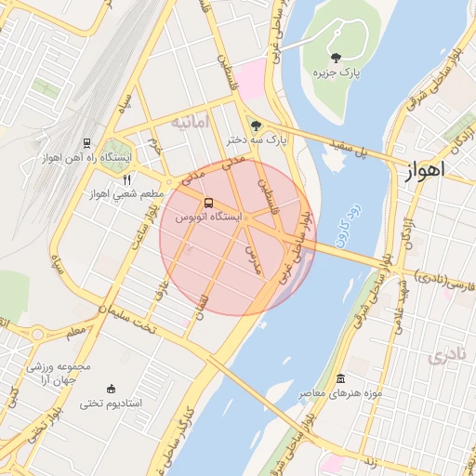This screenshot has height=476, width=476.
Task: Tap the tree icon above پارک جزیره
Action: click(336, 58)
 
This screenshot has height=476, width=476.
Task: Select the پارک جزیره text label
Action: click(337, 72)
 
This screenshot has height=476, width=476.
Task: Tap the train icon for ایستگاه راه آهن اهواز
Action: click(86, 143)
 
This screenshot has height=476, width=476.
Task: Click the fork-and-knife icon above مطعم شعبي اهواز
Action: click(127, 179)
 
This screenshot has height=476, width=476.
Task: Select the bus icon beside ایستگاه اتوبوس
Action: click(207, 202)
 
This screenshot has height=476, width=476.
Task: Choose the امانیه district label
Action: click(194, 122)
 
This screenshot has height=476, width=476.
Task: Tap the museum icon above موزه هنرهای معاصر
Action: click(340, 379)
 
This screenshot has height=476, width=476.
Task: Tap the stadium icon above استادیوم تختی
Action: click(112, 389)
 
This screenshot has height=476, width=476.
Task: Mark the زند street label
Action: click(366, 459)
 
